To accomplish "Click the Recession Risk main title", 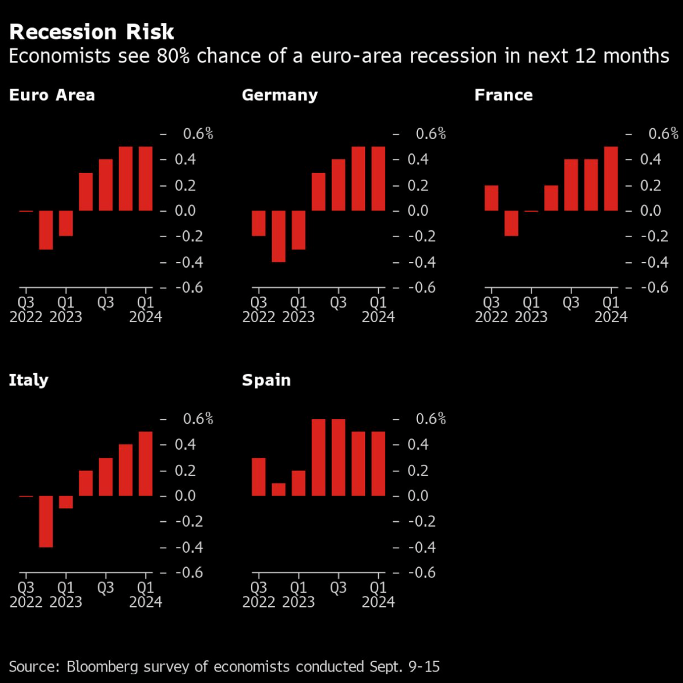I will point(92,32).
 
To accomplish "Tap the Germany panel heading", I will point(280,95).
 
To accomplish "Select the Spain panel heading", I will point(266,380).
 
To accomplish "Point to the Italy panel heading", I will point(29,380).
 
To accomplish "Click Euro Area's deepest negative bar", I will point(46,230).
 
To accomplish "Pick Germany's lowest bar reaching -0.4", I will point(279,236).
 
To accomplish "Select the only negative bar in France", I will point(511,223).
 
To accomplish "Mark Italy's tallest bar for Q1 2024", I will point(146,464).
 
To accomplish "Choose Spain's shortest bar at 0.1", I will point(279,489).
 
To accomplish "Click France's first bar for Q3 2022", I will point(491,198).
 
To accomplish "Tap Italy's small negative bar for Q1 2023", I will point(66,502).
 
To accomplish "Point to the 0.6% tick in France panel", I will point(663,134).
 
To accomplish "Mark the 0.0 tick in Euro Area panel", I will point(185,211).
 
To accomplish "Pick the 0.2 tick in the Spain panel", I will point(418,470).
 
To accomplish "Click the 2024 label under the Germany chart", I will point(378,317).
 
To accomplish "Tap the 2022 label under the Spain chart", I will point(258,602).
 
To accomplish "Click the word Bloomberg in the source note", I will point(102,667).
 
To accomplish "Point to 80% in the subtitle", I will point(173,56).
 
